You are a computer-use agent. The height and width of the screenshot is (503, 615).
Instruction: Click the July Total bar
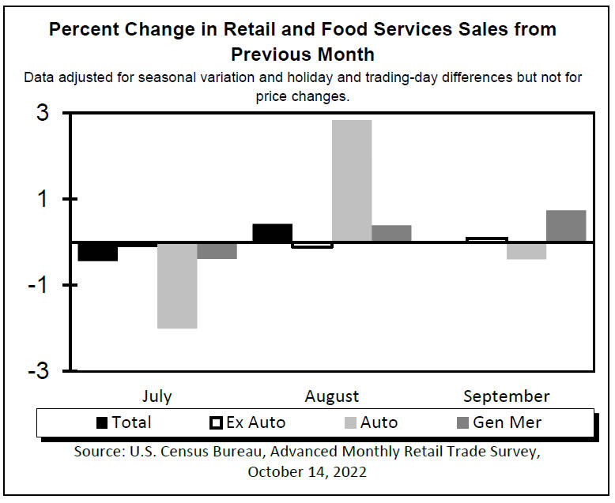98,251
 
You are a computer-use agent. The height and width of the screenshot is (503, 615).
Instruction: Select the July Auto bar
177,285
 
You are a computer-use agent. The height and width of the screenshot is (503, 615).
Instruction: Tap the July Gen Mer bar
217,250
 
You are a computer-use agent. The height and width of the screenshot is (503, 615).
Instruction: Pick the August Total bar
272,233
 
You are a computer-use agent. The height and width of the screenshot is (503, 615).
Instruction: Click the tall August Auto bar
352,181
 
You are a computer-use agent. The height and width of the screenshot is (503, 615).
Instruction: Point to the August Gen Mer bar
391,234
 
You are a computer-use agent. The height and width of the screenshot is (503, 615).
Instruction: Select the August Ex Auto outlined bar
312,245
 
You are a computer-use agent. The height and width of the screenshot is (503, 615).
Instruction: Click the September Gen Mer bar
566,226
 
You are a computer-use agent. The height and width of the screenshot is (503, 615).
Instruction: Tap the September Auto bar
526,250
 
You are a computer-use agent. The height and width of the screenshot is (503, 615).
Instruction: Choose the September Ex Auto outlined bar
487,239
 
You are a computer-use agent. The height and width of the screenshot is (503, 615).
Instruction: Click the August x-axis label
332,396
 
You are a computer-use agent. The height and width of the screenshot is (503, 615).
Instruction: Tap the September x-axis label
506,396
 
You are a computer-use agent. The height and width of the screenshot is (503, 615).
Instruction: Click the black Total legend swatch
102,422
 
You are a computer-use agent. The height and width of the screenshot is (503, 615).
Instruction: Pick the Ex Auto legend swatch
216,422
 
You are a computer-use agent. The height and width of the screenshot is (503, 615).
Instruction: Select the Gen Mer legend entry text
507,422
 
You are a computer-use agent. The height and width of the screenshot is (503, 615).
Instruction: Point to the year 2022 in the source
345,472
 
